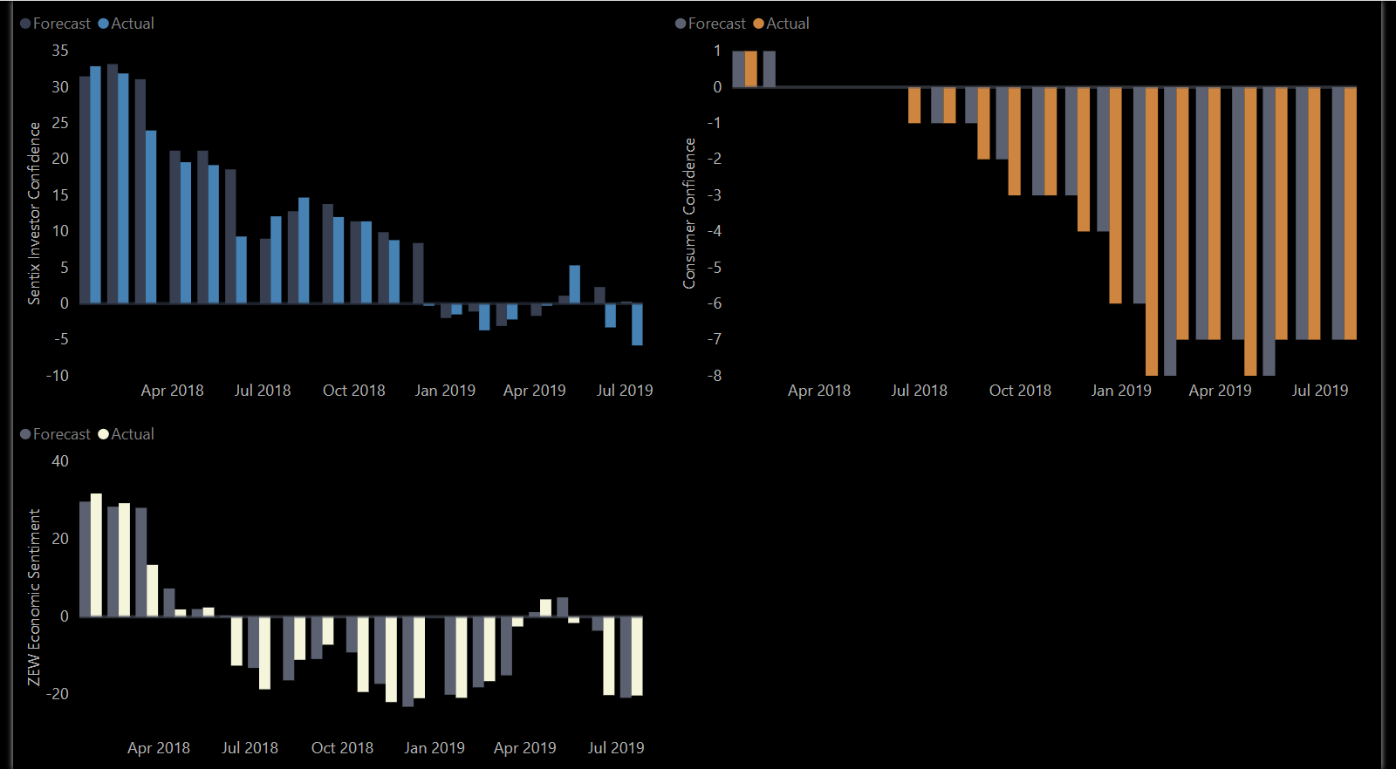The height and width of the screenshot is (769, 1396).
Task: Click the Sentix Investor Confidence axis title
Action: [x=34, y=213]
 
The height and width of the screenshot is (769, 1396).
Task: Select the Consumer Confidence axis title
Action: [x=689, y=213]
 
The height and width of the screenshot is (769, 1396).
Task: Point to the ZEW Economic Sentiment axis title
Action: [x=34, y=597]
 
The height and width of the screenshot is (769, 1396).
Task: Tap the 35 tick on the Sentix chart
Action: [x=59, y=51]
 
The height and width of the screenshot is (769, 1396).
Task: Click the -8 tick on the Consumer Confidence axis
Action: [x=715, y=376]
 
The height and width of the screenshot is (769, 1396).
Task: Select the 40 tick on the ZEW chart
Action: [x=59, y=461]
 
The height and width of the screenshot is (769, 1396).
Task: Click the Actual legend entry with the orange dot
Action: [x=782, y=24]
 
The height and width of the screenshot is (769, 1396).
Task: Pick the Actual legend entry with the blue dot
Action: [x=127, y=24]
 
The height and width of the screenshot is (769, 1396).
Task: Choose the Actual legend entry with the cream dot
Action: [x=127, y=434]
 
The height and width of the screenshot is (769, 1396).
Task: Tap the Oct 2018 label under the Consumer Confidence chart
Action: [x=1020, y=391]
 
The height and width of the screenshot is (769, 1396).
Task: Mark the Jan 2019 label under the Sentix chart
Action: [x=445, y=391]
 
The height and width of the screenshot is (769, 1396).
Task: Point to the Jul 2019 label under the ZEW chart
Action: [x=616, y=748]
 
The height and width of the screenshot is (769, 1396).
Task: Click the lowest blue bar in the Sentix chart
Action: [x=637, y=324]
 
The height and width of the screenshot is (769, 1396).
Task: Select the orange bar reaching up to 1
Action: [x=751, y=69]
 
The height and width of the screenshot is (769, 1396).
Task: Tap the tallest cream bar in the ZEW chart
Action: [x=96, y=555]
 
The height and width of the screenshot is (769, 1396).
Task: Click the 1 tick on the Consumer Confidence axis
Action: [x=717, y=51]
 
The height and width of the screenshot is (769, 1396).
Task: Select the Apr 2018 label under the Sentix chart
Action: [x=172, y=391]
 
